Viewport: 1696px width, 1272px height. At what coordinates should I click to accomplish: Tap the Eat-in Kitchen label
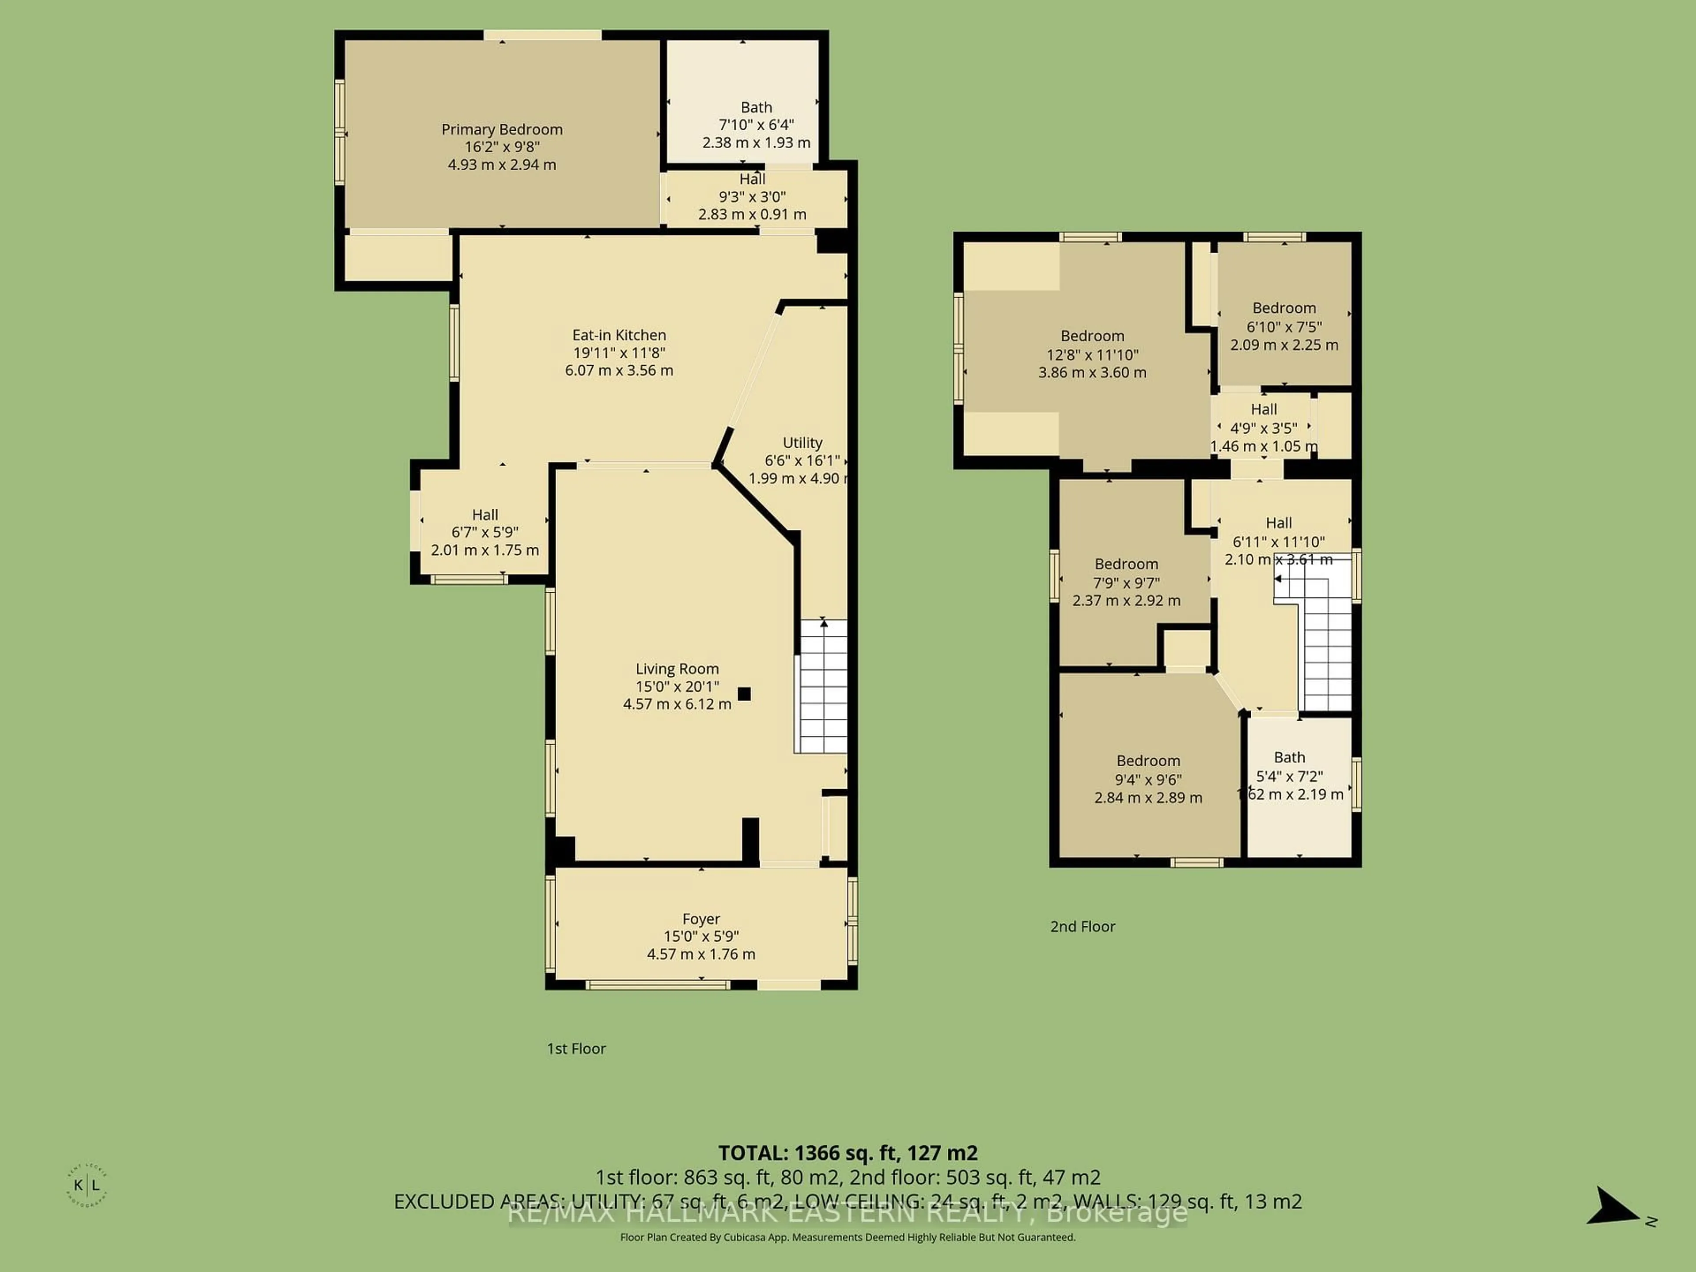619,335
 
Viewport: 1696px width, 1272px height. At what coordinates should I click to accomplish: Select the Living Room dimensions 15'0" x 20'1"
677,686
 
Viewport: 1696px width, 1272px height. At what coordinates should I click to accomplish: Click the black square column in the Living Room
744,694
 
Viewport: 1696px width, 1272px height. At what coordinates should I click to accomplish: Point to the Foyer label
701,919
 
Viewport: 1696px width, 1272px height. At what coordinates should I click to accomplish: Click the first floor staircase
823,686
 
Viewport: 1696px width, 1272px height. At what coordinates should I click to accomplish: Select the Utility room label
802,443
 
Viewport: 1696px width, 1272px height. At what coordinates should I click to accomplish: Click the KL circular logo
87,1185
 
